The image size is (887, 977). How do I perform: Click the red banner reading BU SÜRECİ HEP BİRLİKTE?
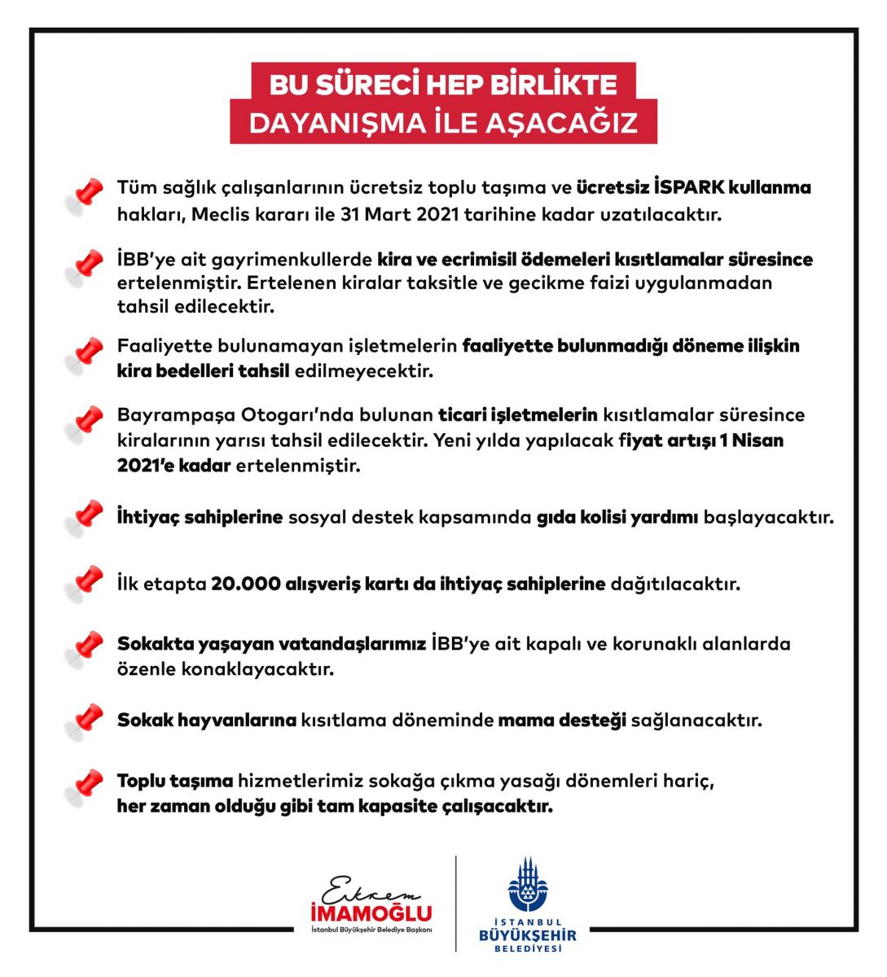pos(443,84)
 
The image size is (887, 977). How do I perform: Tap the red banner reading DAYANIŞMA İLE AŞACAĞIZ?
pos(443,122)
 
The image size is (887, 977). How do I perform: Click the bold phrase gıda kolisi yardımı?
pos(617,517)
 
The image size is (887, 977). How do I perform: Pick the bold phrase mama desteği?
pos(562,721)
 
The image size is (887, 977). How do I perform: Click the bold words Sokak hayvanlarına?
pos(207,721)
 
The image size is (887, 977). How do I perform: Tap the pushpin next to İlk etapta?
pos(85,584)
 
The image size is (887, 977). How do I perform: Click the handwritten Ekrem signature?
pos(365,889)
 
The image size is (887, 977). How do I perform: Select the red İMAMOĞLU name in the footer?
pos(371,913)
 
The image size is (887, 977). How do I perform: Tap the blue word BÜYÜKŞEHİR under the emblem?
pos(528,936)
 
